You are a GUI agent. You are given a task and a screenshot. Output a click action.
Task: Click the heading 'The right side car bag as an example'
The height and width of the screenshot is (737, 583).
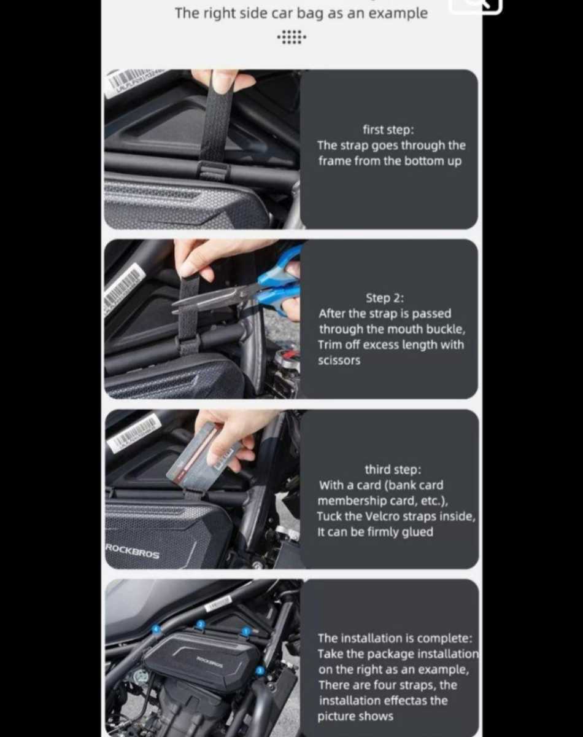(301, 14)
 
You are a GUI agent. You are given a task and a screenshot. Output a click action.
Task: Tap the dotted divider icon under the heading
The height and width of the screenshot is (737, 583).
(291, 37)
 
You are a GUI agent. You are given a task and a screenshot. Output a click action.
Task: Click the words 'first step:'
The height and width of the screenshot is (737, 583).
(388, 130)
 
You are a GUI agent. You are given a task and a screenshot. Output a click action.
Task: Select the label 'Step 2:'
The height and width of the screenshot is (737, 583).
(385, 298)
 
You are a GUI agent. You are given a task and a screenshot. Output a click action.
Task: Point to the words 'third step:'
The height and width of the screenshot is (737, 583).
(393, 469)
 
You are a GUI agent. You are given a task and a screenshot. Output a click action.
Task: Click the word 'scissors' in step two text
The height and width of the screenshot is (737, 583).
(339, 361)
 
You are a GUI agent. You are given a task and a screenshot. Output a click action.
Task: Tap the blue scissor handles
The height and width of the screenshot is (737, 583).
(279, 283)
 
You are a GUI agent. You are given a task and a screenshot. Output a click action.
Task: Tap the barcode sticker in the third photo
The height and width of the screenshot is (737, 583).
(134, 432)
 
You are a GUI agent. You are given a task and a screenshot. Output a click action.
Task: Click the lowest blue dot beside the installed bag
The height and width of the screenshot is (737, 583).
(260, 671)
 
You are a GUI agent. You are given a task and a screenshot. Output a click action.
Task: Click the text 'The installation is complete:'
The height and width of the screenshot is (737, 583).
(395, 638)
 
